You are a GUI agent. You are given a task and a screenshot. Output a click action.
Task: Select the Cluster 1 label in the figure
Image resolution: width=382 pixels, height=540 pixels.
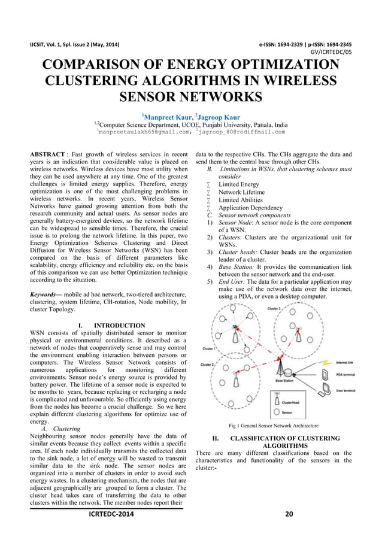click(x=210, y=347)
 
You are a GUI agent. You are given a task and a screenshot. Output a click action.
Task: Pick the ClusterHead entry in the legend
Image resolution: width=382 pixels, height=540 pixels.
click(x=292, y=403)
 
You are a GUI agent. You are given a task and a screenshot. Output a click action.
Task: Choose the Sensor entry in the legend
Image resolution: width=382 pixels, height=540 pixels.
click(x=287, y=412)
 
